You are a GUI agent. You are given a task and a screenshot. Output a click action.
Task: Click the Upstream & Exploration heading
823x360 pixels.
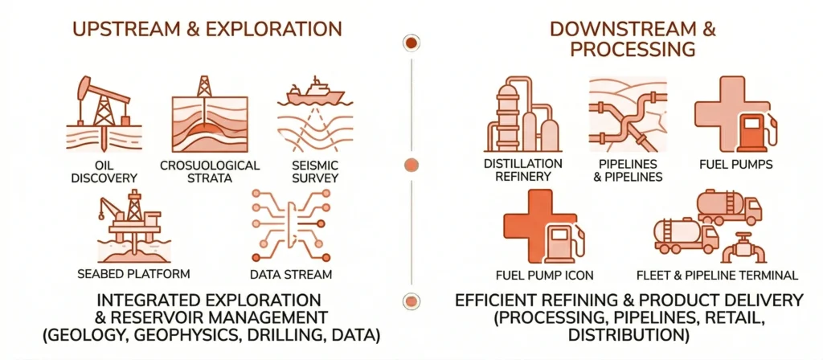tap(207, 30)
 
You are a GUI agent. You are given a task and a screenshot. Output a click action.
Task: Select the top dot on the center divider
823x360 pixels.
tap(411, 43)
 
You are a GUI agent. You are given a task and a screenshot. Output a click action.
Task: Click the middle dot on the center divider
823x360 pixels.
tap(411, 166)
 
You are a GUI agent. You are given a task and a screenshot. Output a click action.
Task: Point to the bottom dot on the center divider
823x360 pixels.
tap(411, 302)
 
